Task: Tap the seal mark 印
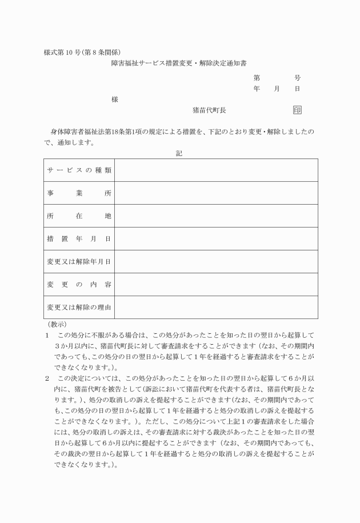297,110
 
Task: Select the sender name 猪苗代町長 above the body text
209,110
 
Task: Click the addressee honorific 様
115,99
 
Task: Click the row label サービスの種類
79,170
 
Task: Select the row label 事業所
79,193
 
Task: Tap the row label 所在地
79,216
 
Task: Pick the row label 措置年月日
79,239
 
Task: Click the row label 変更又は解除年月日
79,262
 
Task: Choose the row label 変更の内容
79,285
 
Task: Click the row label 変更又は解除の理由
79,308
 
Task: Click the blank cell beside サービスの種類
216,170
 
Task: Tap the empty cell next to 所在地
216,216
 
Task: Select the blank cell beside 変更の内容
216,285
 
